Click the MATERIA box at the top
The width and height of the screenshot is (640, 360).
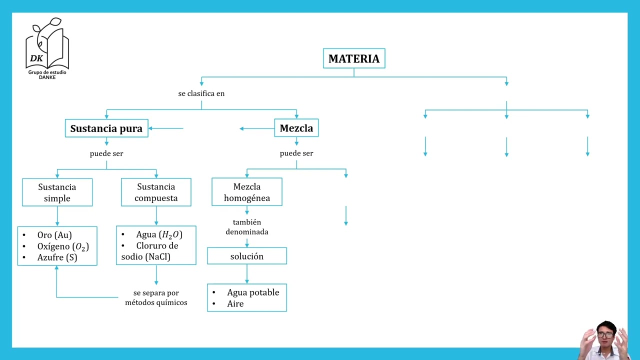coord(354,58)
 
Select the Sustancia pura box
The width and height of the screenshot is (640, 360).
coord(106,128)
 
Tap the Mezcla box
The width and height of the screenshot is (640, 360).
coord(296,128)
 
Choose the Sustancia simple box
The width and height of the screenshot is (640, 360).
coord(57,192)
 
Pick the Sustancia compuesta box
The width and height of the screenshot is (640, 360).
coord(156,192)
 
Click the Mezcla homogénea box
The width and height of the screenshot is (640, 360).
coord(247,192)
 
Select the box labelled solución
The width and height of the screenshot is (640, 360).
coord(247,256)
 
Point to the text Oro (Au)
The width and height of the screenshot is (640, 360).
coord(54,235)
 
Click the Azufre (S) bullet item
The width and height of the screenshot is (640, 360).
coord(57,257)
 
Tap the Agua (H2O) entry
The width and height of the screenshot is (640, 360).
coord(159,234)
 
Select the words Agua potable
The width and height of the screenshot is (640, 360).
coord(253,292)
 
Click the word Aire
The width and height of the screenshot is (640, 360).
coord(235,303)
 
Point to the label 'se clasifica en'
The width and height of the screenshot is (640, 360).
coord(201,93)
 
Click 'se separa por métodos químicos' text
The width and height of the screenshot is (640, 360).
coord(156,297)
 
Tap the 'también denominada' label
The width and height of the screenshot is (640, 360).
coord(247,227)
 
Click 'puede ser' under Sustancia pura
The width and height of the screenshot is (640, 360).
coord(106,153)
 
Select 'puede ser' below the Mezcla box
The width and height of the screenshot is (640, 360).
coord(296,153)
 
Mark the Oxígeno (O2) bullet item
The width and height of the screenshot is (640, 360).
coord(63,246)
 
